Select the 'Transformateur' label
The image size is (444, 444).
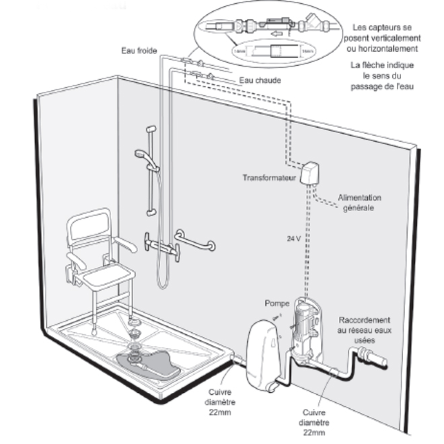[270, 178]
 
